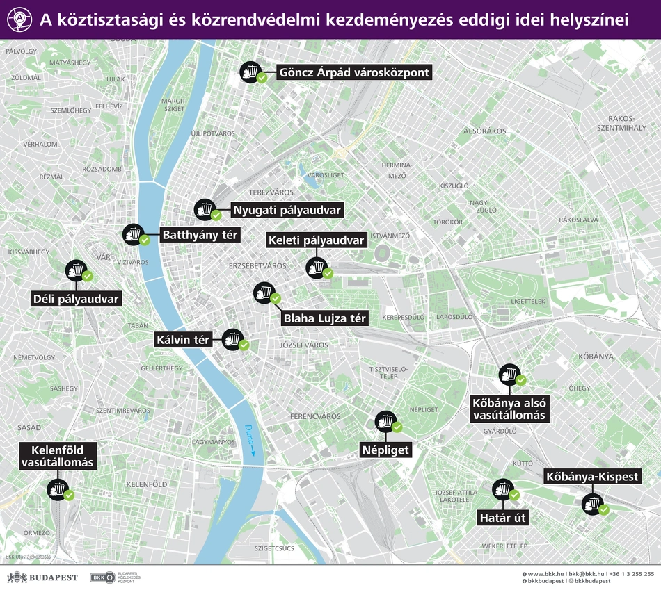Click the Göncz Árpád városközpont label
point(353,72)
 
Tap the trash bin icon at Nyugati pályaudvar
point(205,208)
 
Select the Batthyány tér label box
point(200,236)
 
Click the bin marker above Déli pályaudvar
point(76,270)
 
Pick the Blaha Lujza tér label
point(324,318)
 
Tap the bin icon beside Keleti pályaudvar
point(318,267)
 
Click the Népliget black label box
point(385,450)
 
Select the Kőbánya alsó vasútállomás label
point(510,409)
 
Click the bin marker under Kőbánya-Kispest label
point(593,502)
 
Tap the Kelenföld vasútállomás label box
point(57,456)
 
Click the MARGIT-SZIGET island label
point(173,105)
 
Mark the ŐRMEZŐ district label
point(37,533)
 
